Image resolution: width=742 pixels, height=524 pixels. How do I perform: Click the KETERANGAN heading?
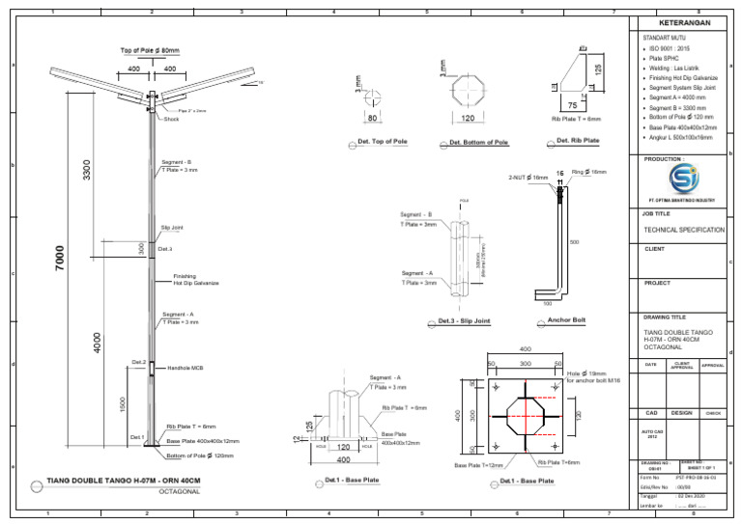[x=684, y=22]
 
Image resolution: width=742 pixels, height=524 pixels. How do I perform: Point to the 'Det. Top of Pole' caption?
[x=382, y=142]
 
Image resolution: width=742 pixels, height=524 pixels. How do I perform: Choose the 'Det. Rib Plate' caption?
[x=578, y=141]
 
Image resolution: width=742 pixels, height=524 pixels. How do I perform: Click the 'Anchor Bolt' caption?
[x=566, y=319]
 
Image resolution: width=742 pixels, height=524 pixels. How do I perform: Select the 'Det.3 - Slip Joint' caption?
[x=464, y=320]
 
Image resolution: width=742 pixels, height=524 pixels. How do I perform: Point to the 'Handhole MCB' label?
[x=185, y=368]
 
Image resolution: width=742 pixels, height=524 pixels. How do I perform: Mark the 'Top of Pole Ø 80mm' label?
[x=150, y=50]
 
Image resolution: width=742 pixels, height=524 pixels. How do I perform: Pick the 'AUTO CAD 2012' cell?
[x=653, y=434]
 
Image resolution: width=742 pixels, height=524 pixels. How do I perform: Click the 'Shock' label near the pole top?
[x=171, y=119]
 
